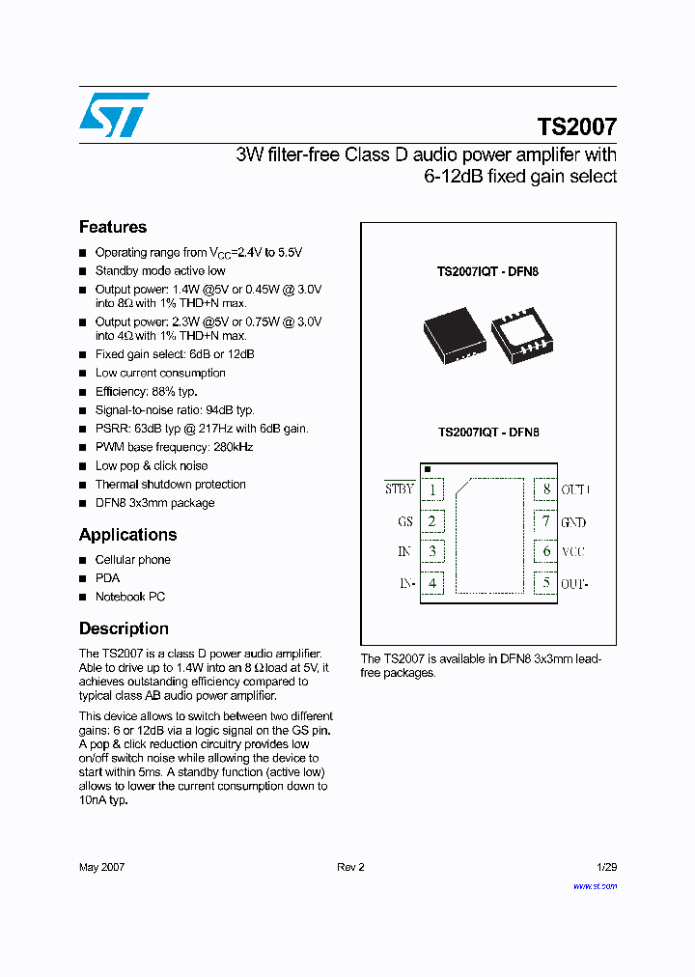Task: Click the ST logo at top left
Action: (114, 115)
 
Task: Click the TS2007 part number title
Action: (576, 126)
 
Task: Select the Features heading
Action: (113, 227)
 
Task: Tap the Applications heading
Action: (127, 535)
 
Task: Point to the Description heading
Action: (124, 628)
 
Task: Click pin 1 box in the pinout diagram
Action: (432, 489)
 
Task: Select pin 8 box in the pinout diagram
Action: (545, 489)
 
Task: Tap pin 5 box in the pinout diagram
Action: (545, 583)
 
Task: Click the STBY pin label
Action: (400, 488)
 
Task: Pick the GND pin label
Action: (573, 522)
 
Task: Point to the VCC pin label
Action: (573, 552)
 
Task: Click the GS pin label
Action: (405, 522)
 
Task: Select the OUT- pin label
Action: (574, 584)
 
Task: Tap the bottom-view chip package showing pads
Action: (521, 334)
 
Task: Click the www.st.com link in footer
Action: (595, 885)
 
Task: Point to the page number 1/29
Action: (606, 867)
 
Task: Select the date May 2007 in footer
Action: (101, 867)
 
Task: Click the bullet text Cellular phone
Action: (132, 560)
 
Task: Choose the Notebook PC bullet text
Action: (130, 597)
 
